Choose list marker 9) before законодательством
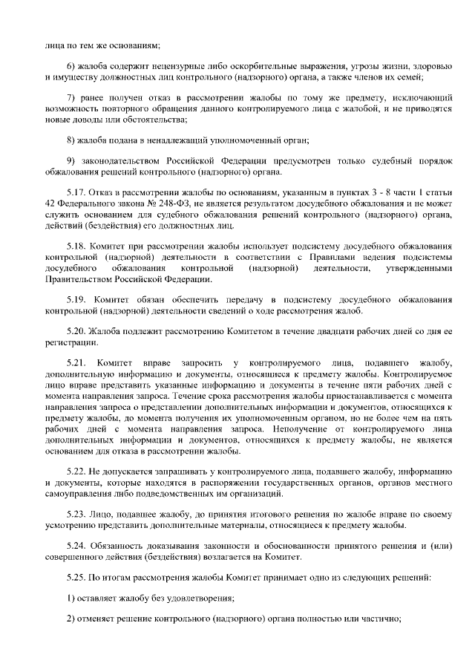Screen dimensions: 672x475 pos(73,161)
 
